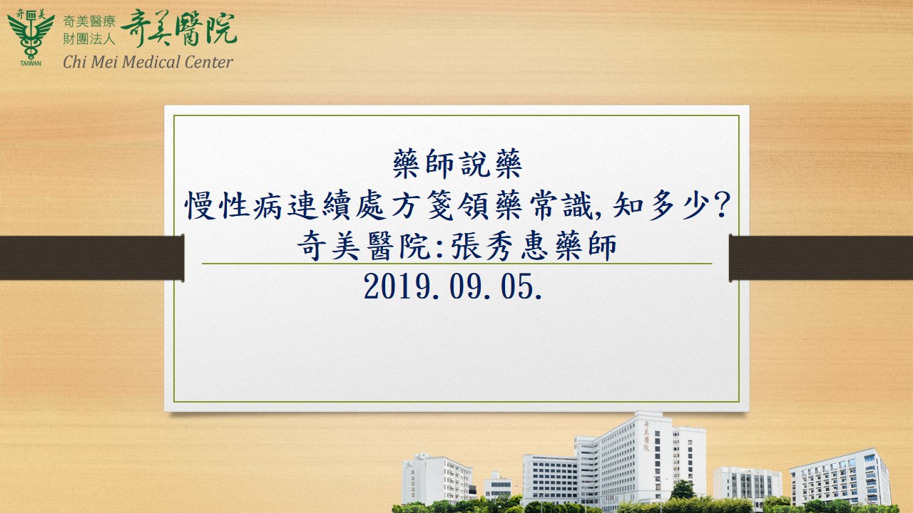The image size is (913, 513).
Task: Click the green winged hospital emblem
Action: (31, 34)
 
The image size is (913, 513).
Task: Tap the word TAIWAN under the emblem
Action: (31, 63)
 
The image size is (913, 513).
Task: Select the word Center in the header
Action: (209, 62)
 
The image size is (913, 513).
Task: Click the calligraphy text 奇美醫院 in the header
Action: (178, 28)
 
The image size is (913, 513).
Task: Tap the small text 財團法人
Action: (89, 39)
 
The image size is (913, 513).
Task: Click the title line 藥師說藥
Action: (457, 164)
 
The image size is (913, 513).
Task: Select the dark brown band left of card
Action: (92, 258)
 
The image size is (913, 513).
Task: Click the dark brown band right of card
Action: (821, 258)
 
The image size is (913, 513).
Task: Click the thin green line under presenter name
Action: (456, 264)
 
